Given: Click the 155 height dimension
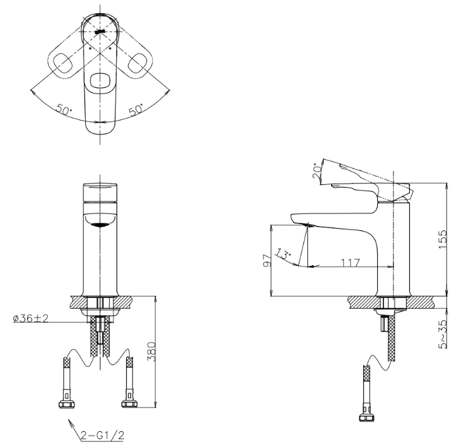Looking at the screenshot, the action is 443,239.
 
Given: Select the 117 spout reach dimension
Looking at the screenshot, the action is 350,263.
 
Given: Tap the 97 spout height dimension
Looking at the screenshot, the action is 267,261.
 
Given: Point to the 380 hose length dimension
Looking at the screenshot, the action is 151,352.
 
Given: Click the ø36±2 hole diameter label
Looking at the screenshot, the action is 30,318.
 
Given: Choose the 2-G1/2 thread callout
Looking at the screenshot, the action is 102,435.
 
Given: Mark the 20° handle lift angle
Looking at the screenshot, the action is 317,171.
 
